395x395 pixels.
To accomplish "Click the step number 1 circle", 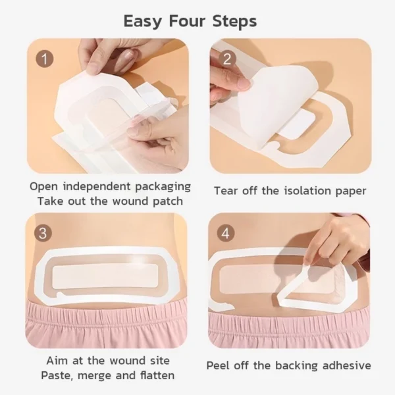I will (45, 59).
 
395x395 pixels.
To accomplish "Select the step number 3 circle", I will (44, 233).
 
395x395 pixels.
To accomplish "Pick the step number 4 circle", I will (228, 233).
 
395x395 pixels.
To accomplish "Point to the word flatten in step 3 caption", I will (153, 375).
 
